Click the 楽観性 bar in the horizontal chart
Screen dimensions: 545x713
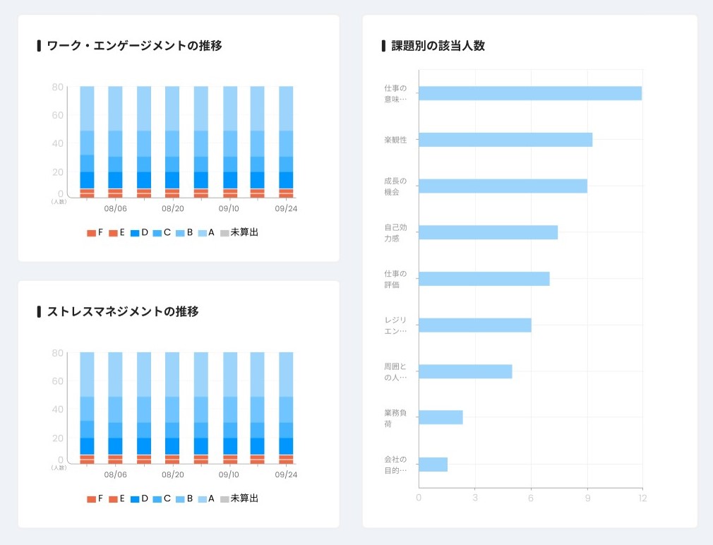point(505,140)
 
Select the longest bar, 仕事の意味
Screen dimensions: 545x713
point(530,93)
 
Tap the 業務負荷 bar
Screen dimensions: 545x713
point(441,417)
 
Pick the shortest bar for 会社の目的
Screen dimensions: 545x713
point(433,464)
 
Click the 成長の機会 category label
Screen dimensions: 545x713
point(395,186)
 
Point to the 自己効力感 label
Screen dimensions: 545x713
point(395,233)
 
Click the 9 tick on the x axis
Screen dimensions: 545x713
point(587,498)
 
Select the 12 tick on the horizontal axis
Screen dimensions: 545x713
point(642,498)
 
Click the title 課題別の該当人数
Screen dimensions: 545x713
point(438,46)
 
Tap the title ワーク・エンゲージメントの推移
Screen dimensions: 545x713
point(134,46)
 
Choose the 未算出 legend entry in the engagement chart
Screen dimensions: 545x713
point(239,232)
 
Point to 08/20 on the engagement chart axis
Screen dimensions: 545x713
point(173,209)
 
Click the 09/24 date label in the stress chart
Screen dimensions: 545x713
point(286,474)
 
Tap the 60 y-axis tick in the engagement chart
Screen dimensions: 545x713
point(58,115)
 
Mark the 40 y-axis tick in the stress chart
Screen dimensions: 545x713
point(58,409)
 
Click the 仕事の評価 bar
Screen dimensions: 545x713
point(484,279)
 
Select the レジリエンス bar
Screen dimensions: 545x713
point(474,325)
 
